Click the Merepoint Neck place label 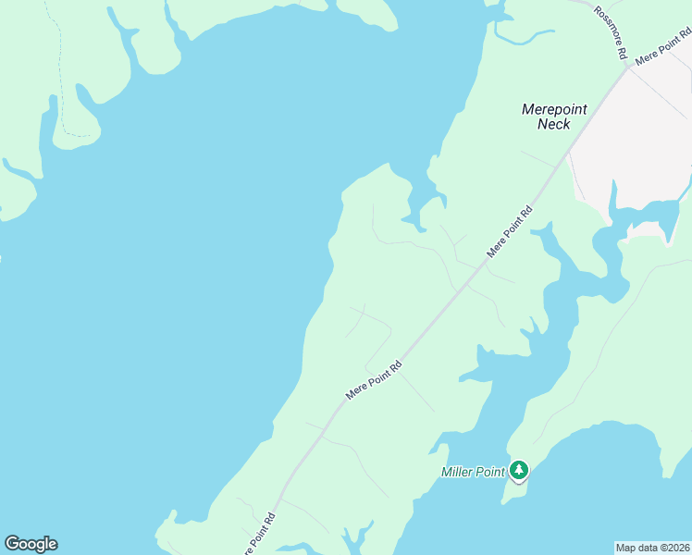(554, 117)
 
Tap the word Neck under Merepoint (554, 125)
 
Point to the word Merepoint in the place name (554, 109)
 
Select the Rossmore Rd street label (612, 32)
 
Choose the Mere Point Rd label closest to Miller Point (375, 380)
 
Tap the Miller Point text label (473, 472)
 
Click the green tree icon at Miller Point (519, 472)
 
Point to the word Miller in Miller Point (458, 472)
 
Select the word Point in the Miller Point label (490, 472)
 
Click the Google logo (31, 544)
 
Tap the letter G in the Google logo (12, 544)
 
